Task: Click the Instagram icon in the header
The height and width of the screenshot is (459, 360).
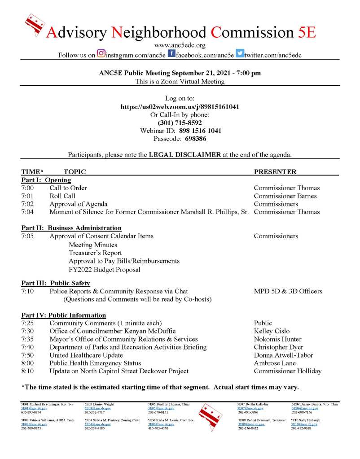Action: coord(101,54)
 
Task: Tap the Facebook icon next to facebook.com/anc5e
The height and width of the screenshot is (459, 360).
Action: coord(171,54)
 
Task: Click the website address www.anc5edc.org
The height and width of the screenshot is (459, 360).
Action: coord(180,45)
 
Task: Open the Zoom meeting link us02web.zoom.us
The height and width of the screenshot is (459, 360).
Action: coord(180,107)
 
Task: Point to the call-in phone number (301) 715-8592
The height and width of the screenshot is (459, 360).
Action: coord(180,122)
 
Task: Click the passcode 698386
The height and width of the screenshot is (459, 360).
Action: coord(193,139)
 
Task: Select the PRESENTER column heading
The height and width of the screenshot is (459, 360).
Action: coord(275,172)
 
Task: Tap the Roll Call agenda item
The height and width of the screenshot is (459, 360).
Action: coord(62,196)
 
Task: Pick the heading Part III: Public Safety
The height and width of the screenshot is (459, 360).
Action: coord(56,283)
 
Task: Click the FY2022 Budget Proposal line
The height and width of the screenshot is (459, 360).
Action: coord(104,270)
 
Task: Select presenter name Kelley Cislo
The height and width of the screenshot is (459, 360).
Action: coord(272,331)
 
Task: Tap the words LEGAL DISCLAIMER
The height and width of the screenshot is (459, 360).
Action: coord(185,155)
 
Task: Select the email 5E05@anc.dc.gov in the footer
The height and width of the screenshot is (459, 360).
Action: coord(158,408)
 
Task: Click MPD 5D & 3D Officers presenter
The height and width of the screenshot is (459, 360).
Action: coord(288,291)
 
